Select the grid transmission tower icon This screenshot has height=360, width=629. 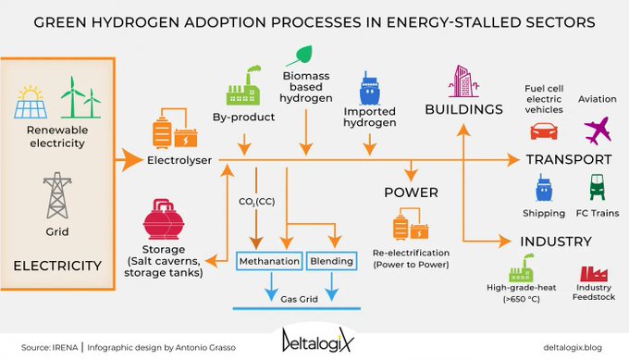coord(55,195)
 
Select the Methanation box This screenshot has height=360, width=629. coord(269,261)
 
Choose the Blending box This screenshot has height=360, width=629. coord(331,261)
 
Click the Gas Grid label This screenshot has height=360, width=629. coord(301,299)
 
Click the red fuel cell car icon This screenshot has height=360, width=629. coord(546,130)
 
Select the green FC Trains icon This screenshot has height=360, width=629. coord(596,188)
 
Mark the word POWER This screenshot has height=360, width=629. coord(411,192)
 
